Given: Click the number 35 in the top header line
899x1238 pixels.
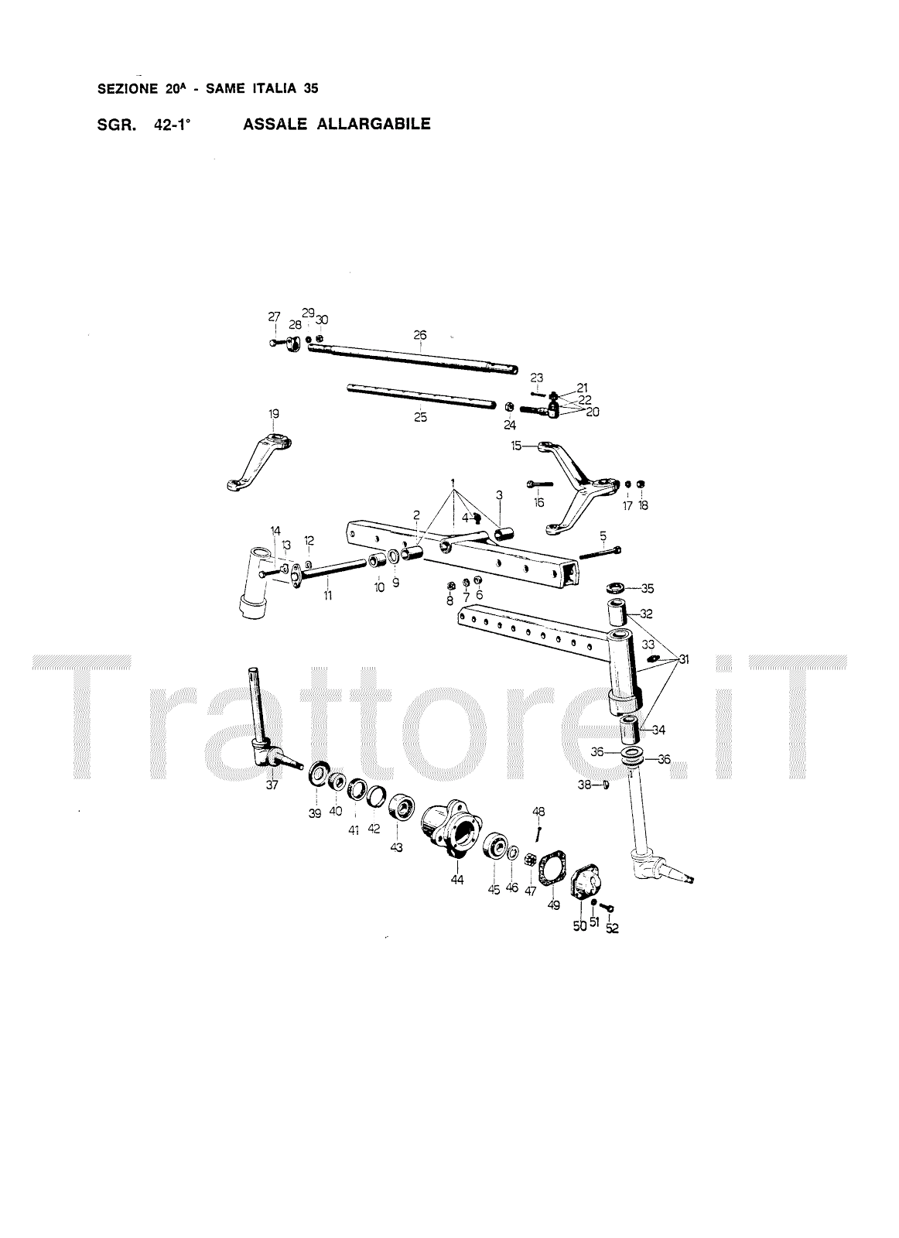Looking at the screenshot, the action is (x=311, y=89).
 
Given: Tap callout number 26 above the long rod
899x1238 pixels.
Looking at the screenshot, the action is (x=420, y=335).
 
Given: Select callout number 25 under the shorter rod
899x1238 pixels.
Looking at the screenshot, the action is (x=420, y=418).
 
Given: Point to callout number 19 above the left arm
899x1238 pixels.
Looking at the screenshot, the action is (x=273, y=414).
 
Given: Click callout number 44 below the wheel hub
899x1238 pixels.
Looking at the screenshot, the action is (x=457, y=880).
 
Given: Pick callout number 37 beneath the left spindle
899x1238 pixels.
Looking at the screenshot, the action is (x=272, y=785).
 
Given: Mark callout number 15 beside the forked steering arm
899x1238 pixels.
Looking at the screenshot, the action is (x=516, y=445).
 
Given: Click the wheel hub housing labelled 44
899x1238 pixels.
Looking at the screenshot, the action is (x=450, y=833).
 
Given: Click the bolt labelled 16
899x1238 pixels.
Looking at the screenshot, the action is (x=538, y=485).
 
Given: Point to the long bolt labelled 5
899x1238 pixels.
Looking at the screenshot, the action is (x=600, y=552).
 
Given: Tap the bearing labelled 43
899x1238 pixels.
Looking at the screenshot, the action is (x=402, y=809).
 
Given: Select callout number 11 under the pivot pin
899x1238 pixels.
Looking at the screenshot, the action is (x=327, y=596).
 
